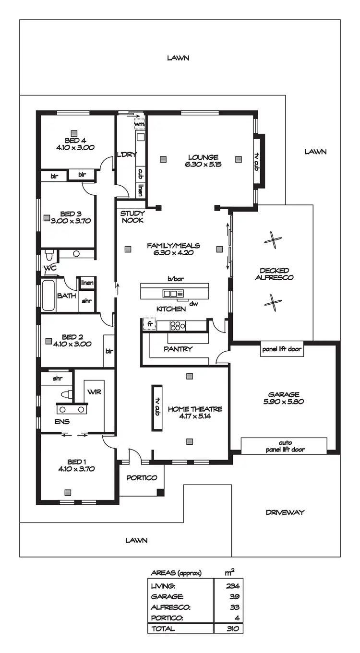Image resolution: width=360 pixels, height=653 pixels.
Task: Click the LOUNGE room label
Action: pos(203,157)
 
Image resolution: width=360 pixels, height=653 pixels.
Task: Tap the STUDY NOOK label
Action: pos(132,216)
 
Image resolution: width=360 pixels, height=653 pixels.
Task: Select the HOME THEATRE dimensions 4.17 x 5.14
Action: pos(194,417)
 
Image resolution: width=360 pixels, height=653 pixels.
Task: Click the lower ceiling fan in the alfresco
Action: pos(273,303)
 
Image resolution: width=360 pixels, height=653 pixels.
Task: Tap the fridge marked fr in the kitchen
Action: pos(150,325)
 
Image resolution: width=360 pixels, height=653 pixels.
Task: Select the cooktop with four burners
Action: pos(177,326)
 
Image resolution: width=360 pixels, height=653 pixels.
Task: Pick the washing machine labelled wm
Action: pos(139,124)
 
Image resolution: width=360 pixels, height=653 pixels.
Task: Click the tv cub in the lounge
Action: pos(257,162)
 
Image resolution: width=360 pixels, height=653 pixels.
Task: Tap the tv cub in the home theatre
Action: pos(157,407)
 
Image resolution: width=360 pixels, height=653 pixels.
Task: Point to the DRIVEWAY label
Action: pos(285,512)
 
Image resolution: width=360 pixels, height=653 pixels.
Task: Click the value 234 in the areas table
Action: pos(233,586)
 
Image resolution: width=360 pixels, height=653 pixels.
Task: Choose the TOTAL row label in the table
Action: pos(163,629)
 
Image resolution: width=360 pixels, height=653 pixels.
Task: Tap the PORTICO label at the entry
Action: pos(142,478)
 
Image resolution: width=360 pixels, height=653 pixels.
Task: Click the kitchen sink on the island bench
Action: pos(170,293)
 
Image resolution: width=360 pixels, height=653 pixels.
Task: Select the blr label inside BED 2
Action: pos(109,351)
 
